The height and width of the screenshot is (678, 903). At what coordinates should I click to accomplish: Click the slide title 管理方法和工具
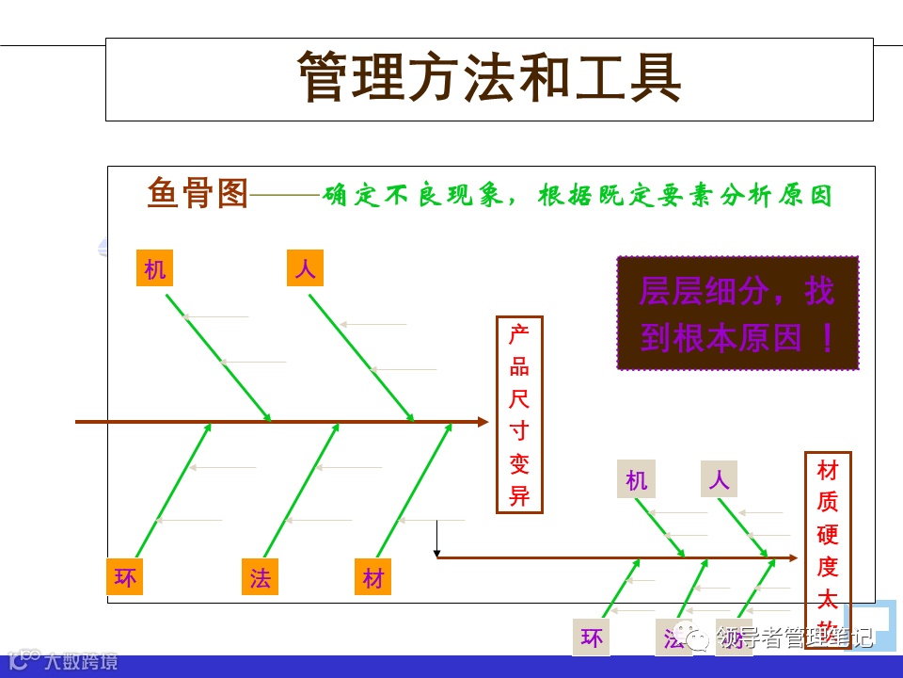(x=489, y=77)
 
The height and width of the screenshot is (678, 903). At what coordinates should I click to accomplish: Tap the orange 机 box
(x=155, y=269)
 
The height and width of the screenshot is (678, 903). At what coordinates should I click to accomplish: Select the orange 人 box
(x=305, y=269)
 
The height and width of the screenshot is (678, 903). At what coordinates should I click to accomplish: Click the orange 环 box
(x=125, y=577)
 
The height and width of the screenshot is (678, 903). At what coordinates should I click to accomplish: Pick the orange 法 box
(x=260, y=577)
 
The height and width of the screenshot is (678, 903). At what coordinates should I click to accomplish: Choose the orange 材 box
(x=373, y=577)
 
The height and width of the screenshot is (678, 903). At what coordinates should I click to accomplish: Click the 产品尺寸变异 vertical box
(x=519, y=414)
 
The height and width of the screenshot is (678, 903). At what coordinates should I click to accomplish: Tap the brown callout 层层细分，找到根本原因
(x=737, y=313)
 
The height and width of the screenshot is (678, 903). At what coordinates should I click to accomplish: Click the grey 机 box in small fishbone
(x=637, y=480)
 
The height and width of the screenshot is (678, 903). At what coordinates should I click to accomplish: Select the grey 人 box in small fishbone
(x=719, y=479)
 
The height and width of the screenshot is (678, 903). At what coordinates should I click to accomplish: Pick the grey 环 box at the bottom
(x=592, y=638)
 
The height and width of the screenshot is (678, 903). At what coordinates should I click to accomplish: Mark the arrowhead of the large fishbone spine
(x=483, y=422)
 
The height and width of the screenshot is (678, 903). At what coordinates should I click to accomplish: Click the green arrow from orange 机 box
(x=218, y=357)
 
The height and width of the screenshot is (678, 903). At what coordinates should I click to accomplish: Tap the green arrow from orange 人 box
(x=361, y=357)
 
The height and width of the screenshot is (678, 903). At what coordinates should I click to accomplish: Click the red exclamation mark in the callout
(x=828, y=337)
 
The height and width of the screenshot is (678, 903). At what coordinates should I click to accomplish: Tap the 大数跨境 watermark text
(x=81, y=661)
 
